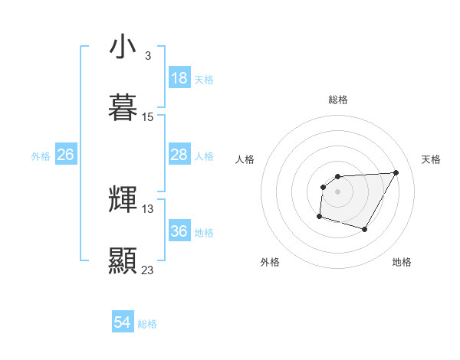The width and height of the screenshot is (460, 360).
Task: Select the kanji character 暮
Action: [x=123, y=107]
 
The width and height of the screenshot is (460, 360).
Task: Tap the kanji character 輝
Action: [x=123, y=200]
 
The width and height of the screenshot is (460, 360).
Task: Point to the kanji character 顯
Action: [x=123, y=260]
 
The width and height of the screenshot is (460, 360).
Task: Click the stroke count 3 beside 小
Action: [x=147, y=56]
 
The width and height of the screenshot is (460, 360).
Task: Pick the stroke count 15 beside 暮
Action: [x=148, y=117]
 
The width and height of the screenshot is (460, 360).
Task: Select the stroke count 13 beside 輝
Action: [x=148, y=209]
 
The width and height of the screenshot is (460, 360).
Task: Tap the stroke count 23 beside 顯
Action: [x=148, y=270]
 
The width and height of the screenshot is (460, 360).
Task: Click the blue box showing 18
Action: [x=179, y=78]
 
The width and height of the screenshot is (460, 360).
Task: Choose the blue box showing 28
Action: [x=179, y=155]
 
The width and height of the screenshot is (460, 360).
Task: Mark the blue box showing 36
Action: [x=179, y=231]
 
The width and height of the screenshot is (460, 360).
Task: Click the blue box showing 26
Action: [x=65, y=155]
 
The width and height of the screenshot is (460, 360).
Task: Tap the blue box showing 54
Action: [x=122, y=323]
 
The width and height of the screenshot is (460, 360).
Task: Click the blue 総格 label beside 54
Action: [x=147, y=324]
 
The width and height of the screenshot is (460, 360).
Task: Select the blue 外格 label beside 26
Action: [x=41, y=156]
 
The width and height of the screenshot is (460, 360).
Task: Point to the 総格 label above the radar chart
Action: [x=338, y=100]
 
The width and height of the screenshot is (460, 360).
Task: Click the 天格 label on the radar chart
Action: [x=432, y=159]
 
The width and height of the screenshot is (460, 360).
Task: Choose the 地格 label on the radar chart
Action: [x=402, y=262]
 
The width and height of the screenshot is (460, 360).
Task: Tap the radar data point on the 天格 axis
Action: [x=396, y=172]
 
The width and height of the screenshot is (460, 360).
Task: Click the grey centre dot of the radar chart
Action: [x=337, y=191]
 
